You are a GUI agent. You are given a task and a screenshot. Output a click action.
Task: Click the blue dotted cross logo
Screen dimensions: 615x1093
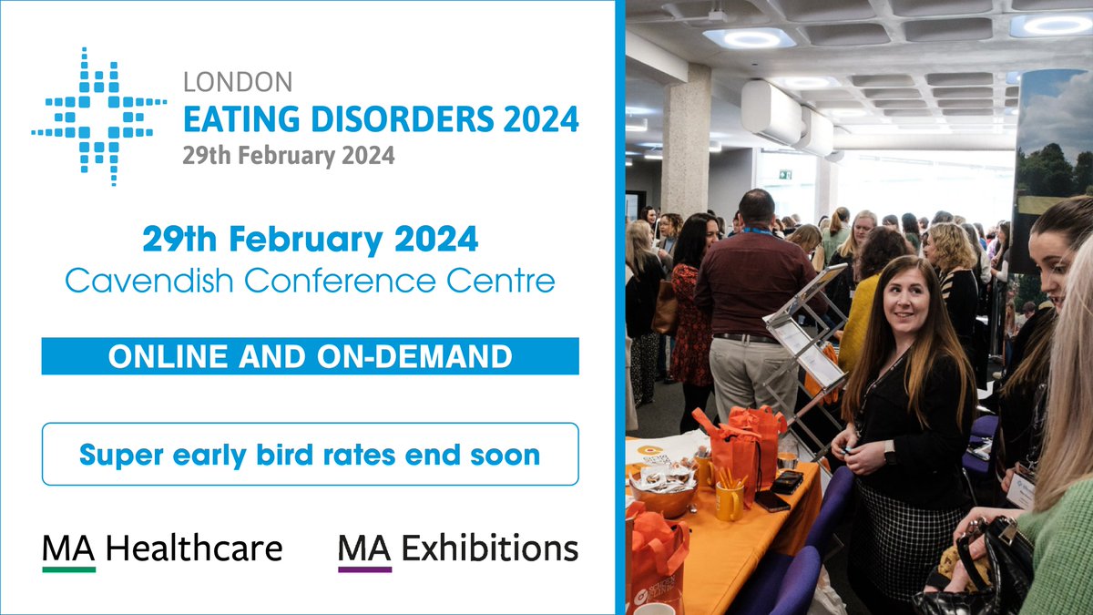(99, 118)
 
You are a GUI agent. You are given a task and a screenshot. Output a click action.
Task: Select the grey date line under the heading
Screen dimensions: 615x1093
(289, 156)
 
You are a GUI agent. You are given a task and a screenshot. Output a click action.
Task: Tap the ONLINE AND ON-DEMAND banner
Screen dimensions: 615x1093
(310, 356)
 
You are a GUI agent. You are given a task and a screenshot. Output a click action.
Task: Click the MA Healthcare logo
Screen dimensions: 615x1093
(161, 548)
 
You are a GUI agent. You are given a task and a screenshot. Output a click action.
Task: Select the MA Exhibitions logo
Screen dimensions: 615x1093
(457, 548)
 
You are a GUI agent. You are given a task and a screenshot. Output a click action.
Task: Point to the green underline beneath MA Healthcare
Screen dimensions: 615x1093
(69, 569)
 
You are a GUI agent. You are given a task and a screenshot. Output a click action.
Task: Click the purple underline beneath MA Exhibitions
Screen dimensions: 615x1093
(364, 569)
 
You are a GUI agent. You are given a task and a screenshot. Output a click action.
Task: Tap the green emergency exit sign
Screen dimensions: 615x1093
(784, 174)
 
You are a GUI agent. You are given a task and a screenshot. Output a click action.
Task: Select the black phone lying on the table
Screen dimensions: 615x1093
(771, 501)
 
